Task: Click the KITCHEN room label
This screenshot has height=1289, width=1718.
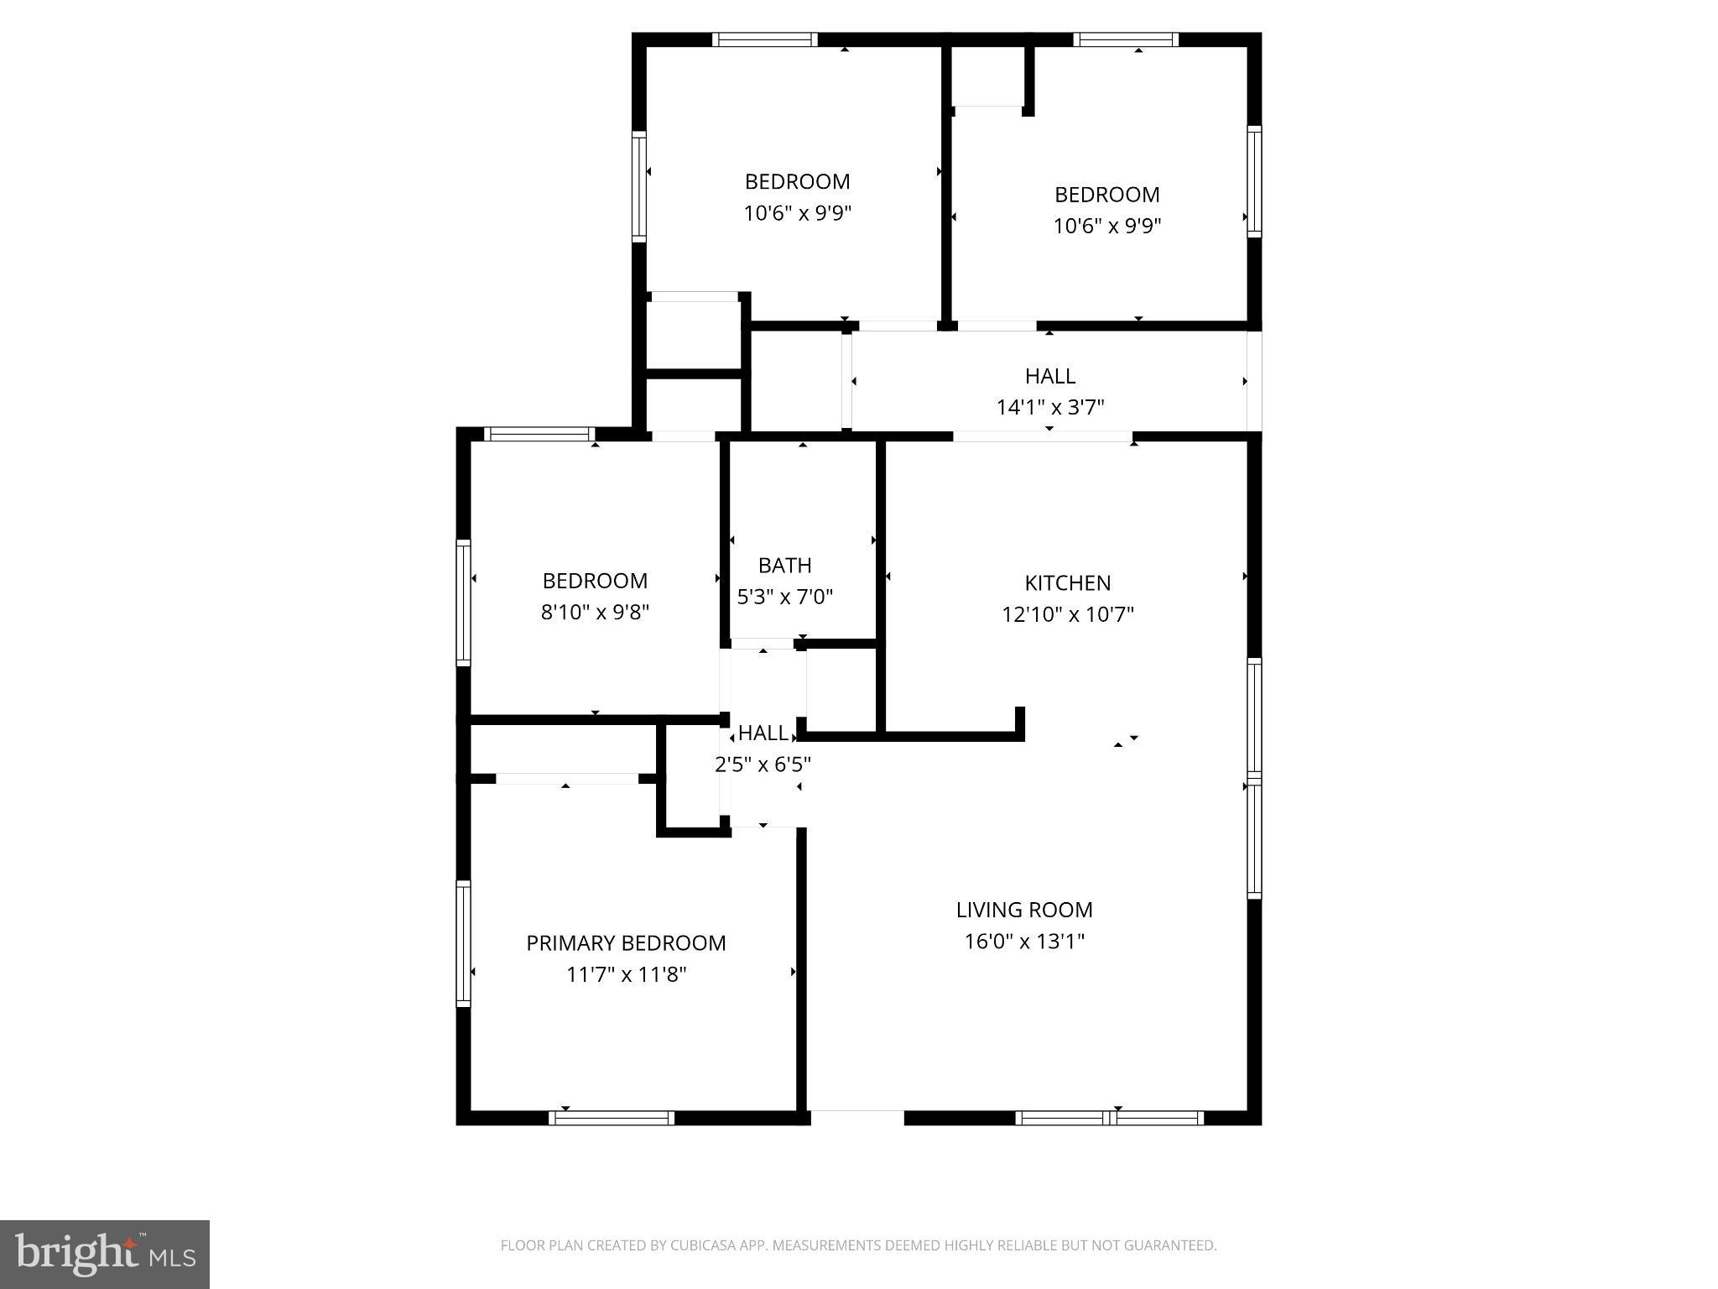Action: pos(1067,582)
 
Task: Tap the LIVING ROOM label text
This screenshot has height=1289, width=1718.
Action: pos(1024,910)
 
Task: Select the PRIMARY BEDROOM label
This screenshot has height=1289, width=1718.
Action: pos(626,943)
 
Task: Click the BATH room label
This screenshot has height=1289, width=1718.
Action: pos(784,565)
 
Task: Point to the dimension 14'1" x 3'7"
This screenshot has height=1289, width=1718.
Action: pos(1049,408)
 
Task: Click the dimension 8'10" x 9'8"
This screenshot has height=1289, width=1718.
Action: pos(595,613)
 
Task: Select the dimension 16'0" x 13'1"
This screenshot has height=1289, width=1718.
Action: pos(1024,942)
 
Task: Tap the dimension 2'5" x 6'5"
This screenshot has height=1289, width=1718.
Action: pos(762,765)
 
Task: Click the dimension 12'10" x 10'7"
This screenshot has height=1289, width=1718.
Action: pos(1067,614)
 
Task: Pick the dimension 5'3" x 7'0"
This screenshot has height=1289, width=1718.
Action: pos(784,597)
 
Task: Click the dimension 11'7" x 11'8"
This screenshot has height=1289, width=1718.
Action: pos(626,974)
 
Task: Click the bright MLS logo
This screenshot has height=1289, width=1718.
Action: pos(105,1254)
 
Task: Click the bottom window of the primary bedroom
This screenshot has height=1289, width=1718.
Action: pos(612,1118)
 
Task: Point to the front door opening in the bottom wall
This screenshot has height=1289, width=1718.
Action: pos(857,1118)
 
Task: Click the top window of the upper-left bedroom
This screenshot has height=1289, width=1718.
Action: pos(765,39)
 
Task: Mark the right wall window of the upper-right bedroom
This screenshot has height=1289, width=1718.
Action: pos(1254,180)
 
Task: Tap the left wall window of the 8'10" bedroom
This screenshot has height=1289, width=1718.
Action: pos(463,603)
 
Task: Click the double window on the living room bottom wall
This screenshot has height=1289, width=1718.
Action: pos(1109,1118)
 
